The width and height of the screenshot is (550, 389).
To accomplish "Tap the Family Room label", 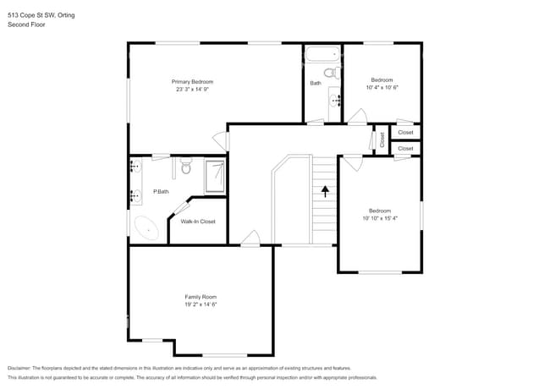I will [x=201, y=297].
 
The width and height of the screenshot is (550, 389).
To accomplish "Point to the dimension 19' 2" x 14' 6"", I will [x=201, y=304].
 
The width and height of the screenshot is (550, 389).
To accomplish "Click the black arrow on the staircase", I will [x=325, y=192].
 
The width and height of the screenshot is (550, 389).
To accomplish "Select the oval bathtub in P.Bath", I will [x=146, y=228].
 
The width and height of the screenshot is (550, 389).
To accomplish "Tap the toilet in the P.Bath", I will [x=187, y=168].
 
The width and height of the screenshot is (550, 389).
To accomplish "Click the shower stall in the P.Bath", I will [x=215, y=174].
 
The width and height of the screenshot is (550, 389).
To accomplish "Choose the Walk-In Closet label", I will [x=198, y=222].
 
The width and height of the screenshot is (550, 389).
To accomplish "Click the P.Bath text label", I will [x=161, y=192].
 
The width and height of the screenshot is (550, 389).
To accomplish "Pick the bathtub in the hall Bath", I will [x=322, y=54].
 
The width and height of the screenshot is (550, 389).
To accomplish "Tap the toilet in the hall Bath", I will [x=330, y=74].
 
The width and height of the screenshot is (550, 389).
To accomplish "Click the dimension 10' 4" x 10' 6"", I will [x=382, y=87].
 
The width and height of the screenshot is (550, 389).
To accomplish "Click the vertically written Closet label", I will [x=382, y=140].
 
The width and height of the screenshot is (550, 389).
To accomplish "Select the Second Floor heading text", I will [x=26, y=25].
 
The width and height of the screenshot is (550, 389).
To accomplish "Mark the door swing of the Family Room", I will [x=250, y=238].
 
